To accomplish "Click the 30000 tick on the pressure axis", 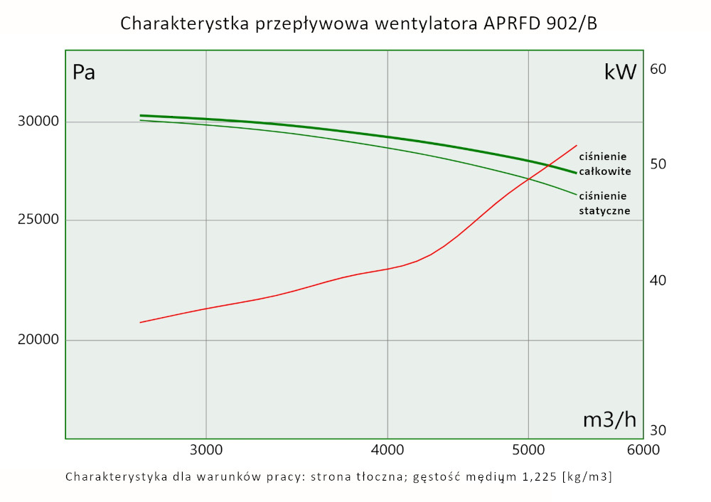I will coord(37,122).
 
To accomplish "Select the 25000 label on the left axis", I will coord(37,220).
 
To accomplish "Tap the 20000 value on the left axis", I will coord(37,340).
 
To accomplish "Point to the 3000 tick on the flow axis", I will coord(206,450).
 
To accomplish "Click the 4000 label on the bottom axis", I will coord(387,450).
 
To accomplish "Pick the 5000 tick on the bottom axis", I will coord(528,450).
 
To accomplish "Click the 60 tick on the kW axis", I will coord(658,69).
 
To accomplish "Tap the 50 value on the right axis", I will coord(658,164).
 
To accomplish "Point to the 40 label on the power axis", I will coord(658,281).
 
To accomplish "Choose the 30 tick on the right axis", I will coord(658,430).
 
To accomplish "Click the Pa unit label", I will coord(84,73).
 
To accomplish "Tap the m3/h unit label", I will coord(609,420).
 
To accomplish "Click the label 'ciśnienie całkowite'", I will coord(604,164).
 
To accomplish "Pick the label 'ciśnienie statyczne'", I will coord(604,203).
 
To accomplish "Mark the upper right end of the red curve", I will coord(577,145).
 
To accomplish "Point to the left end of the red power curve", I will coord(140,322).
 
